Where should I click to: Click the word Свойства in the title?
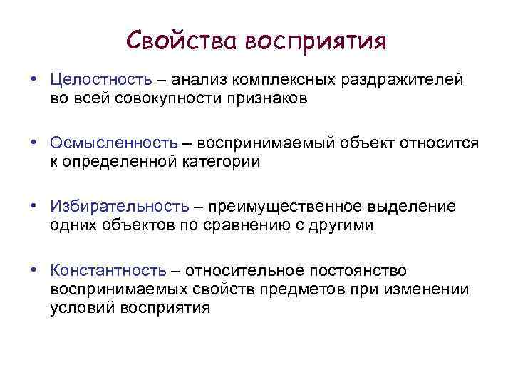click(181, 40)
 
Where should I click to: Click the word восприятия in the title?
click(315, 41)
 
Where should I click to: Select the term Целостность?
click(100, 80)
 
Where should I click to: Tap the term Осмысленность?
click(114, 143)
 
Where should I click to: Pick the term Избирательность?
click(120, 207)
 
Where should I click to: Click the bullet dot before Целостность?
click(33, 80)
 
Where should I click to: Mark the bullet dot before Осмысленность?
click(33, 143)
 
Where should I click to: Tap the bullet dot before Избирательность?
click(33, 207)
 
